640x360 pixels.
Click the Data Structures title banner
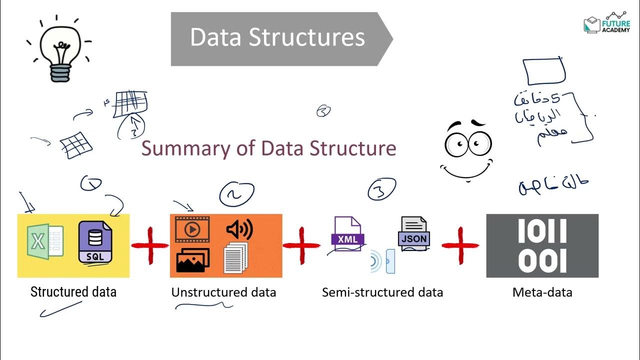pos(277,39)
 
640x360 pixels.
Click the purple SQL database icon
pos(95,241)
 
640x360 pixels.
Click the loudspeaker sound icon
pos(239,229)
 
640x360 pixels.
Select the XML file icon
pos(347,233)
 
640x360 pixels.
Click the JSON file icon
pos(414,233)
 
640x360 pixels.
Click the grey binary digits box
pos(542,245)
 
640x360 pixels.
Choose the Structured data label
pos(73,292)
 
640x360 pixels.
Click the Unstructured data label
pos(223,292)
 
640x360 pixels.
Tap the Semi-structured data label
pos(382,292)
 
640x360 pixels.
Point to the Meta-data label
pos(542,292)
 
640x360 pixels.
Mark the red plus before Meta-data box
pos(460,245)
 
